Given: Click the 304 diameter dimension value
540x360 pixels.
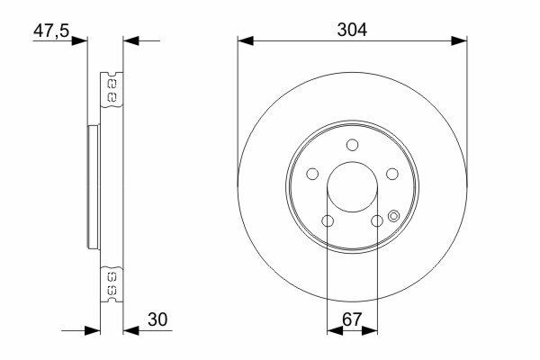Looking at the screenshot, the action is [352, 30].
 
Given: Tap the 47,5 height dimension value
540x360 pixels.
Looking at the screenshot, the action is [51, 31].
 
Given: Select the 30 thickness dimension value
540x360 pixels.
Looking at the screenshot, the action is [157, 319].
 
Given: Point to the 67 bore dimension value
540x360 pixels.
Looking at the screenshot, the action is [352, 319].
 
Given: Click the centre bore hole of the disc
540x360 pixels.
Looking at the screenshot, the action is [352, 186].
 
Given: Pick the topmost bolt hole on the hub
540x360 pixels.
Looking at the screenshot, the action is [352, 145].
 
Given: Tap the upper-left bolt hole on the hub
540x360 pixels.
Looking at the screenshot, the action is [312, 174].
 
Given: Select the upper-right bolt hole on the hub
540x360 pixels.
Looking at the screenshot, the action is [392, 174].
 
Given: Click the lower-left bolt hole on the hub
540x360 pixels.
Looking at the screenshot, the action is [328, 220].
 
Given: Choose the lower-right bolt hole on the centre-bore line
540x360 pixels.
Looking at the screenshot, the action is [377, 220].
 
